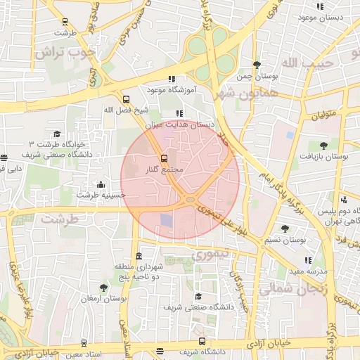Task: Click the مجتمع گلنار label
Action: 167,170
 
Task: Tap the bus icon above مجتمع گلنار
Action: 164,158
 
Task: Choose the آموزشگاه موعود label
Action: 165,91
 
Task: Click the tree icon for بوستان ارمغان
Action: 103,288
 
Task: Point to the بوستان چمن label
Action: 252,75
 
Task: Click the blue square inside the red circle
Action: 166,220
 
